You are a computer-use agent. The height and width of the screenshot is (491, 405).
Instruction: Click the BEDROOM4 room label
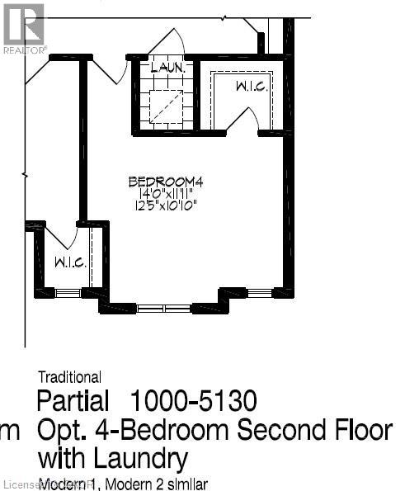tap(165, 182)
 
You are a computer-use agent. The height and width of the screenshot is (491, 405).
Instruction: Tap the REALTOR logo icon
tap(22, 25)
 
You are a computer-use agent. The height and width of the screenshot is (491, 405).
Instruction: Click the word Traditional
tap(69, 378)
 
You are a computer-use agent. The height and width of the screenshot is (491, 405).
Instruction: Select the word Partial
tap(73, 402)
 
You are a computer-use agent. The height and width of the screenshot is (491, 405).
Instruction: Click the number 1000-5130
tap(193, 402)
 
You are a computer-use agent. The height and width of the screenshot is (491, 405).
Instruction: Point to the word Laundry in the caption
tap(139, 458)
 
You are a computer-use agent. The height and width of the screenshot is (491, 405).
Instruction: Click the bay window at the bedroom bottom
tap(163, 309)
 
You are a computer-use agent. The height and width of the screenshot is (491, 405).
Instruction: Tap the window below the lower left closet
tap(68, 293)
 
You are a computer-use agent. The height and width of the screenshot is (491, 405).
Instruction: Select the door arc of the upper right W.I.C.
tap(242, 120)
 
